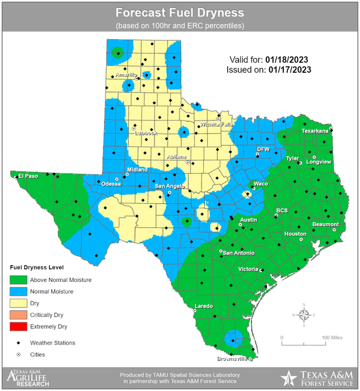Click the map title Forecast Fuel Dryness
coord(180,13)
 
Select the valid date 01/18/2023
coord(286,60)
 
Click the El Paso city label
coord(28,176)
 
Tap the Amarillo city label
coord(126,75)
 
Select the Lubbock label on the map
coord(145,133)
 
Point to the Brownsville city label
coord(232,359)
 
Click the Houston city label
coord(295,234)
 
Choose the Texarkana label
coord(315,131)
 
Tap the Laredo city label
coord(204,306)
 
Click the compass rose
coord(304,314)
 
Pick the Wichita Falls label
coord(215,124)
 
